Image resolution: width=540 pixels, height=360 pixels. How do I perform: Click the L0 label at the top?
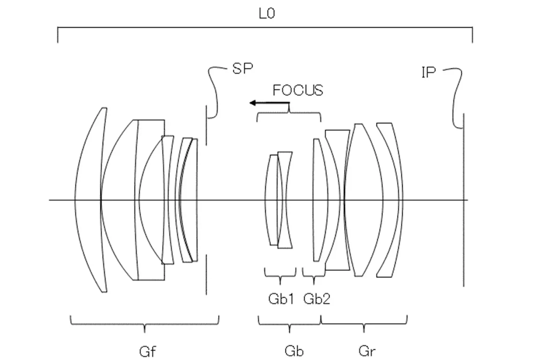267,14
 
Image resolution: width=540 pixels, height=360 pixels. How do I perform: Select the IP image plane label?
428,72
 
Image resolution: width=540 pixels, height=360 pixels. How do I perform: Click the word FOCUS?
298,90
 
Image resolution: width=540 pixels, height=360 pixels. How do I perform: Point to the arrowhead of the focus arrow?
252,103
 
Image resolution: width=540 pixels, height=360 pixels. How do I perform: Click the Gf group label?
147,351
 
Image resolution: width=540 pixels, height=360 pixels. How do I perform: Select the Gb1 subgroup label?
281,299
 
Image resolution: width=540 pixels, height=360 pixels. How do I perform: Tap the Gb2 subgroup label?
316,299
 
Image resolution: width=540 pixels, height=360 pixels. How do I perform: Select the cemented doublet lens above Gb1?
279,200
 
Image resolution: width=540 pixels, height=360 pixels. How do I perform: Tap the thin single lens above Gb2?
319,200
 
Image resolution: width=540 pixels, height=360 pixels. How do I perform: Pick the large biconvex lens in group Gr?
364,200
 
